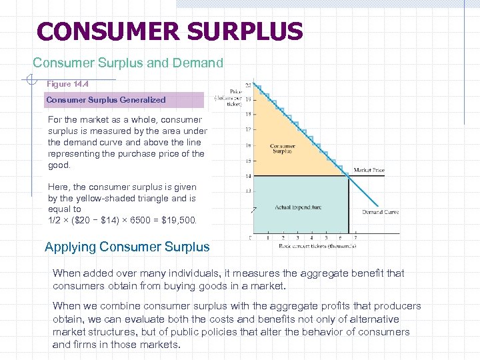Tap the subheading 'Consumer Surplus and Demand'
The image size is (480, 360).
(128, 63)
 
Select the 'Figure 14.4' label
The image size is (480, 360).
(68, 85)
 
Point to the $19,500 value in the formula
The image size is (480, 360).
(177, 220)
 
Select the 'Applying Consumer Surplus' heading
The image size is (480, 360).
(127, 247)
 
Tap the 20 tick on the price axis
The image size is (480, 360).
(249, 85)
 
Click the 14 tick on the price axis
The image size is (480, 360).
(249, 176)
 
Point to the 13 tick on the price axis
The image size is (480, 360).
(249, 191)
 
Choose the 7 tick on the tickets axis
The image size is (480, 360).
(355, 237)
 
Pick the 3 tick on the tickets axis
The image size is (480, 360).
(297, 237)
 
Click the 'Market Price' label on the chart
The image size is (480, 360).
(369, 170)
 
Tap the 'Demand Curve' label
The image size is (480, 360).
(381, 212)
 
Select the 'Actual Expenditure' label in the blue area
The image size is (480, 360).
(298, 207)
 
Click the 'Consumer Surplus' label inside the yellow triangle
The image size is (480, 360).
(283, 148)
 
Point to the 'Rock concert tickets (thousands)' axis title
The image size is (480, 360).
(317, 246)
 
